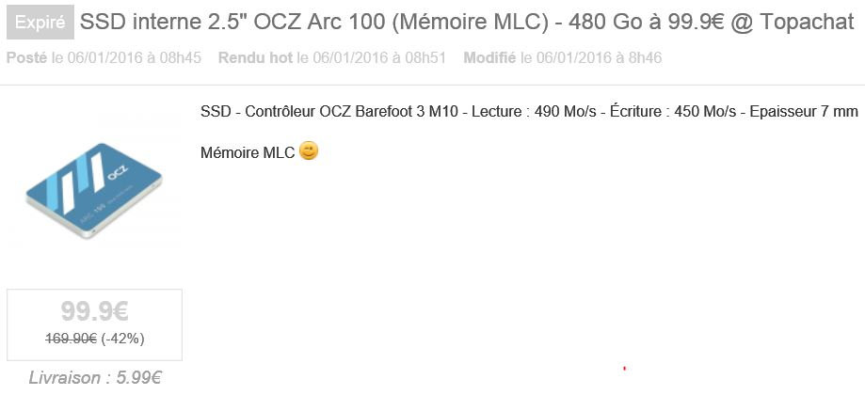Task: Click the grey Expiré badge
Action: tap(40, 22)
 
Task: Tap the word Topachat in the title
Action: tap(807, 22)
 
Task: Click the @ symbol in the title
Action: tap(741, 23)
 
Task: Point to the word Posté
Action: tap(26, 58)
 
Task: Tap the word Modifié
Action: tap(489, 58)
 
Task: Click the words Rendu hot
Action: tap(255, 58)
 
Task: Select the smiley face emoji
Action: tap(309, 151)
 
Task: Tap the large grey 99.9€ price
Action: tap(94, 311)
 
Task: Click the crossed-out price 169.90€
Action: tap(72, 339)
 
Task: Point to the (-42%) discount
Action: tap(123, 339)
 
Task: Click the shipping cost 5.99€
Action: tap(139, 378)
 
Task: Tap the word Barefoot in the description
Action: tap(382, 112)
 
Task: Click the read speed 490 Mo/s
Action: tap(566, 112)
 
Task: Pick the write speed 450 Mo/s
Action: tap(705, 112)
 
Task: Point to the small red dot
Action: tap(624, 368)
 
